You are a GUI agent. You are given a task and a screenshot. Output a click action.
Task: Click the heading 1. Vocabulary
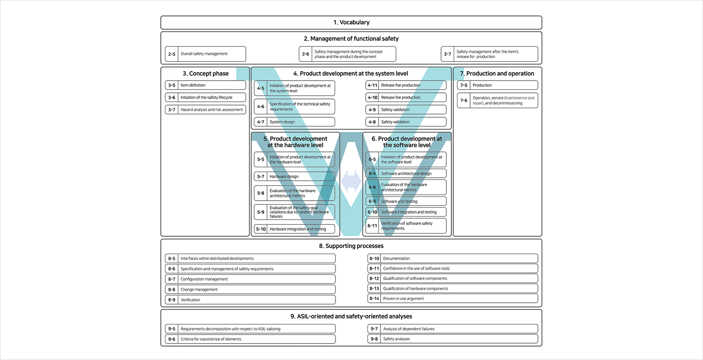[351, 22]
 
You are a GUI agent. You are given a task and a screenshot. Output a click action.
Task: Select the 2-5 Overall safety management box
[205, 54]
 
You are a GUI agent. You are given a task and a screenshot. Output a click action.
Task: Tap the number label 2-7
[448, 54]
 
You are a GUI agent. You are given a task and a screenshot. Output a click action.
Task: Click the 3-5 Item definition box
[205, 85]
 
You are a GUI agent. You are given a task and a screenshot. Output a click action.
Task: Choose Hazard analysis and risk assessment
[212, 110]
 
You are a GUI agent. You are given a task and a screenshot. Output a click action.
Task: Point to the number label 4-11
[372, 85]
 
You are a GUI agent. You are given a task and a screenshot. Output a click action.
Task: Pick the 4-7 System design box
[294, 122]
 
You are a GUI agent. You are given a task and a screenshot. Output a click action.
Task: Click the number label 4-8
[372, 122]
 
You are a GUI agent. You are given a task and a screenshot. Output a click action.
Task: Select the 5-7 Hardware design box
[294, 177]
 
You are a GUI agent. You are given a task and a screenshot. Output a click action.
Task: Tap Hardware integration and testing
[298, 229]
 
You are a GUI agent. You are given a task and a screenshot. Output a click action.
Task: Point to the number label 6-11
[372, 226]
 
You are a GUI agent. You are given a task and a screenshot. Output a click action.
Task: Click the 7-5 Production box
[497, 85]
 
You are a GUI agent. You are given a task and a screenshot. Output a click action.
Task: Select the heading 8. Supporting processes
[351, 246]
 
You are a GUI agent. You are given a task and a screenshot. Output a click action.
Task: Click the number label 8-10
[374, 258]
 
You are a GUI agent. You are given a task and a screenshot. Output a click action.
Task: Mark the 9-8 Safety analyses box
[452, 339]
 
